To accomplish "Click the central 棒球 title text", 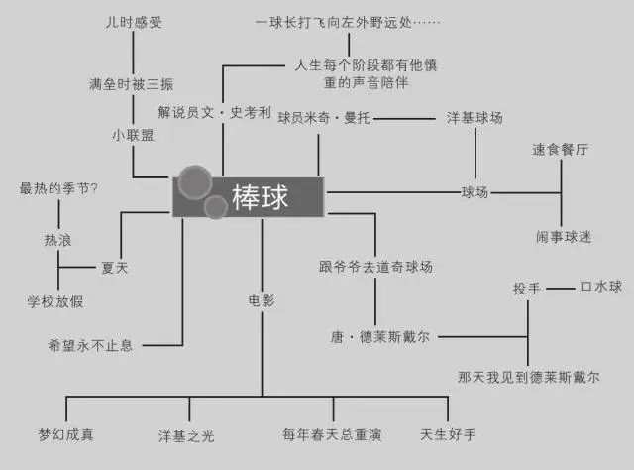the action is click(260, 197).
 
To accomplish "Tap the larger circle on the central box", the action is click(195, 182).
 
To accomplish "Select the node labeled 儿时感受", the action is click(134, 22).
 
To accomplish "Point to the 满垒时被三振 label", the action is click(132, 84).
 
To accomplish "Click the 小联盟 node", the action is click(133, 135).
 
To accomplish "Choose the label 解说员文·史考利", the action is click(214, 112).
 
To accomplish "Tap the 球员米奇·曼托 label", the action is click(324, 118).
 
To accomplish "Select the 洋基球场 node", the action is click(475, 118).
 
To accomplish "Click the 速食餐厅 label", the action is click(560, 150).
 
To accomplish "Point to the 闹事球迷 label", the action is click(564, 236).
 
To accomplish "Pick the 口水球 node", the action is click(601, 287).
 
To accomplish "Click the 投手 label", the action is click(526, 289).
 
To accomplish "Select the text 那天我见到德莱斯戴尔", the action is click(528, 377).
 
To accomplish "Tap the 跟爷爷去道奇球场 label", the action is click(375, 267).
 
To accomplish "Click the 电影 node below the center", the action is click(262, 300).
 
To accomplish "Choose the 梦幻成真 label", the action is click(66, 434).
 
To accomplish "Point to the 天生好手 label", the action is click(448, 434).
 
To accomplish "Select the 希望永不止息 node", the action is click(90, 345).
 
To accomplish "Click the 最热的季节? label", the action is click(58, 188).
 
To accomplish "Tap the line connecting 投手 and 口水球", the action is click(561, 289).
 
